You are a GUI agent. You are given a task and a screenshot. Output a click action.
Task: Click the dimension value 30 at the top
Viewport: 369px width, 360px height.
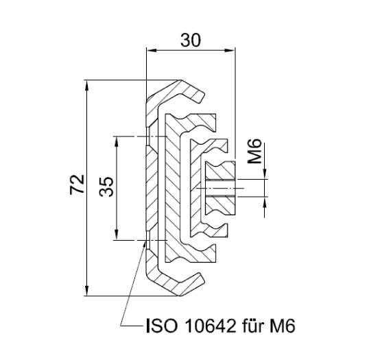tap(191, 40)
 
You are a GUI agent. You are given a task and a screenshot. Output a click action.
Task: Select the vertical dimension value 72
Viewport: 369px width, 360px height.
tap(78, 186)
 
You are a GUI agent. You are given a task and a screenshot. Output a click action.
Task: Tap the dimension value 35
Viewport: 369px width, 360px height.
tap(107, 186)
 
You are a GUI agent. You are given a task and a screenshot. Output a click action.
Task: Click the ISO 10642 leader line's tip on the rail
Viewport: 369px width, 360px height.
tap(146, 240)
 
